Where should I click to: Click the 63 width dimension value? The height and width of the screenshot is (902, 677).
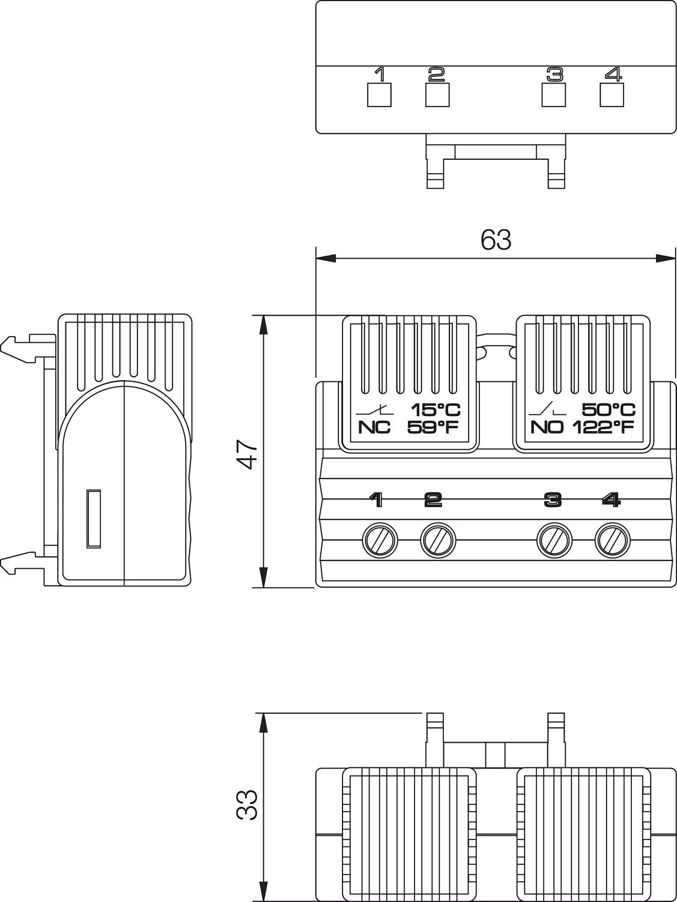click(x=496, y=240)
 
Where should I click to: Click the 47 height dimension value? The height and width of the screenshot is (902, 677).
click(x=247, y=455)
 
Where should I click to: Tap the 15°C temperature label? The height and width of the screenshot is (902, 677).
click(x=436, y=410)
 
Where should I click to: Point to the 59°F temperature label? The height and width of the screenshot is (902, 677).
click(x=433, y=428)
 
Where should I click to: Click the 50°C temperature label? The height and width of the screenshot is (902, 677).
click(x=609, y=410)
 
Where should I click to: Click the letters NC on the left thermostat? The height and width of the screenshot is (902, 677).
click(x=374, y=428)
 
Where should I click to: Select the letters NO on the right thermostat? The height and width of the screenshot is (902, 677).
click(x=547, y=428)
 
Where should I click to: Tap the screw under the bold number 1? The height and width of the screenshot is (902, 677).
click(x=380, y=541)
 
